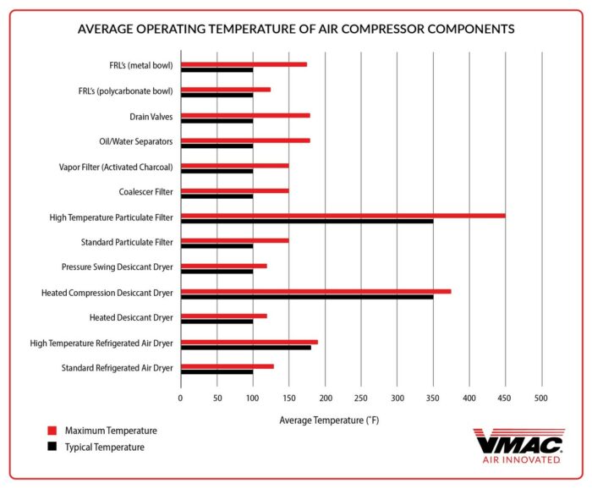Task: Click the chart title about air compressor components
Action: click(295, 29)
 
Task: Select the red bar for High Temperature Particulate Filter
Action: click(343, 216)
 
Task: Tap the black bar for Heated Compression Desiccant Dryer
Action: click(306, 297)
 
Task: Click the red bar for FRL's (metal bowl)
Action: click(244, 64)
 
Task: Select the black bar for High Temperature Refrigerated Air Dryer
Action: click(245, 348)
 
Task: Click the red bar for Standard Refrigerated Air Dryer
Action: click(227, 366)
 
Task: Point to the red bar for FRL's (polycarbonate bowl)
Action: click(225, 89)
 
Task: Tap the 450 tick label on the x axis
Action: click(505, 396)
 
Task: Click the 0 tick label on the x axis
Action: click(180, 396)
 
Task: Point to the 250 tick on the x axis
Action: click(361, 396)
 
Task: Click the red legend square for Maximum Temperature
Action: click(52, 431)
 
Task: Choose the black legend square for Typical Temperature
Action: click(52, 447)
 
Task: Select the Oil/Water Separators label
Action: click(136, 140)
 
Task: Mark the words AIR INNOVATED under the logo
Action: click(520, 460)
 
